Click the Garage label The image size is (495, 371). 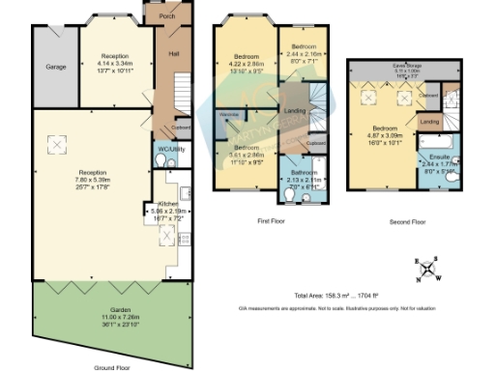pyautogui.click(x=54, y=69)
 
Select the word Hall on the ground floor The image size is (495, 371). pyautogui.click(x=175, y=53)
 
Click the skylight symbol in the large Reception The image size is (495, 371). pyautogui.click(x=57, y=145)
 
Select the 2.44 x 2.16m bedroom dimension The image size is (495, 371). pyautogui.click(x=305, y=54)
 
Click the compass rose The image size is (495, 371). pyautogui.click(x=430, y=270)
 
